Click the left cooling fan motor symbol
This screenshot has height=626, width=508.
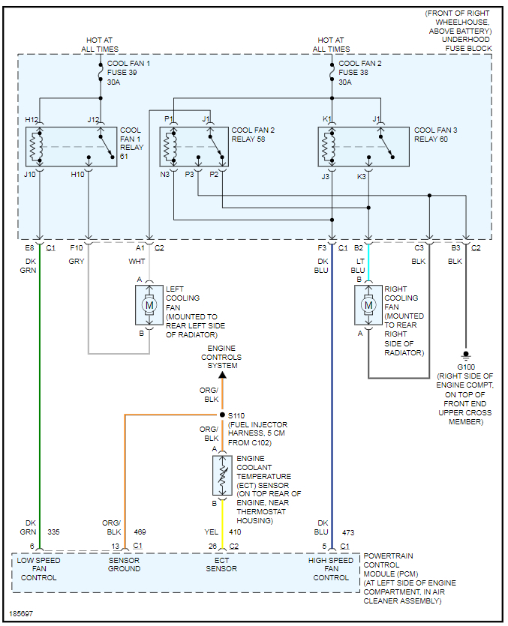pos(149,305)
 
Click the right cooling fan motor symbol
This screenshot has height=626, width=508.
pos(368,305)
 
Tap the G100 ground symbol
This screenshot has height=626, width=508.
pos(466,354)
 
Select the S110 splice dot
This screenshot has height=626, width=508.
pos(222,415)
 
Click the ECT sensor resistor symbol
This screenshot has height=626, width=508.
pos(222,474)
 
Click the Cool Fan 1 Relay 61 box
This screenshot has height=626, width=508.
pos(71,147)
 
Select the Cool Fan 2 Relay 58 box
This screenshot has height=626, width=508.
pos(194,147)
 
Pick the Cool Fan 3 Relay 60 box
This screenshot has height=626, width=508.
pos(363,147)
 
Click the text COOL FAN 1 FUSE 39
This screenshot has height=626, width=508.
pos(128,73)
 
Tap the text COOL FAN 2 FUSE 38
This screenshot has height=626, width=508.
pos(360,73)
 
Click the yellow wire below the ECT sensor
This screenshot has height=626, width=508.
pos(222,525)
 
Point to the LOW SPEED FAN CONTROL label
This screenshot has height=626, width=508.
pos(39,569)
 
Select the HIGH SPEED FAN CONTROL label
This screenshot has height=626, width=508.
pos(331,569)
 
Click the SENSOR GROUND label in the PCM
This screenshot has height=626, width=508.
pos(124,565)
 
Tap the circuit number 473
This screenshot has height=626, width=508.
pos(347,532)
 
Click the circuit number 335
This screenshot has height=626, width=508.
pos(53,532)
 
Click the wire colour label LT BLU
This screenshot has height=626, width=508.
pos(358,265)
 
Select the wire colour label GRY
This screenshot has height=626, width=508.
pos(77,261)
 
